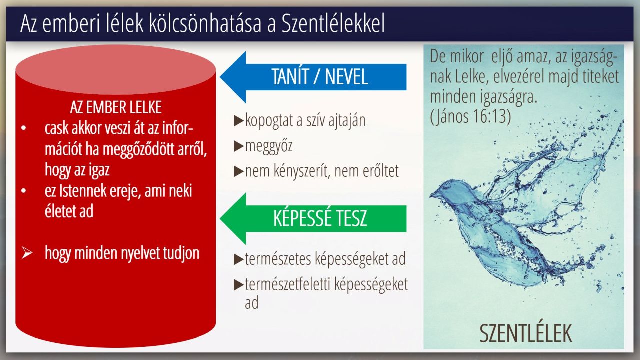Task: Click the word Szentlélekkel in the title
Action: tap(333, 23)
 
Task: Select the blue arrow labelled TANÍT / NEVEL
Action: tap(313, 77)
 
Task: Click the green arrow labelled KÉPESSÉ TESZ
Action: tap(313, 219)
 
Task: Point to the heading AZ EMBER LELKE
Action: tap(116, 107)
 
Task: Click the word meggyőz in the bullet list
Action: tap(269, 146)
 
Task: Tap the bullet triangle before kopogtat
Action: tap(238, 121)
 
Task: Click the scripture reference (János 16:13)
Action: tap(470, 117)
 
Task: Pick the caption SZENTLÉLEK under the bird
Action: tap(525, 333)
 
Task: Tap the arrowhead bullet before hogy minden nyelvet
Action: tap(27, 253)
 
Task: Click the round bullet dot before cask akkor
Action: tap(23, 128)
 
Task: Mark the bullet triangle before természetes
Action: tap(238, 259)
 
